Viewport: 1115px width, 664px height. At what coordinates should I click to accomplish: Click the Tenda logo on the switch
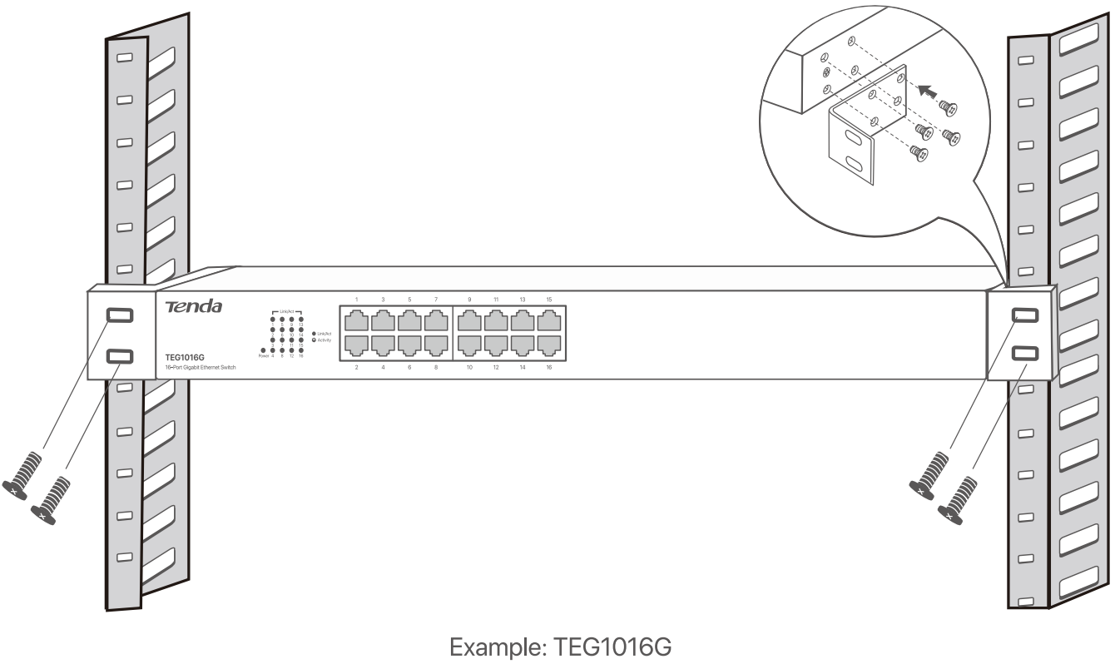194,307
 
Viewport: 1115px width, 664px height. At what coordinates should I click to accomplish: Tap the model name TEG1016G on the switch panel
185,358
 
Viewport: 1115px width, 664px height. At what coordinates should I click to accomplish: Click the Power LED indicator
264,350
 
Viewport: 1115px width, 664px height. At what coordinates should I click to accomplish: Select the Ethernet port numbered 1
356,320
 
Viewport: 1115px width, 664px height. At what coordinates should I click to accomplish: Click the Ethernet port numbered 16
548,345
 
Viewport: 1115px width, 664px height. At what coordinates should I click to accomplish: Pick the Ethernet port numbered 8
436,345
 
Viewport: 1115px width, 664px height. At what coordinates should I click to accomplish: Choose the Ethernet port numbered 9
469,320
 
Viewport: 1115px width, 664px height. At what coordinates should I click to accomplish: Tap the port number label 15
548,299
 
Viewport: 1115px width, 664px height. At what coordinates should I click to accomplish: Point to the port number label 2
356,366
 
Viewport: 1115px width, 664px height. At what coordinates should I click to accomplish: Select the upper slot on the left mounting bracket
117,315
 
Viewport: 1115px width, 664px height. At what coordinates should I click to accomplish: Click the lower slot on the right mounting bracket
1023,353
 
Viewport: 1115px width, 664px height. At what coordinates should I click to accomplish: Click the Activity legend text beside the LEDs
324,340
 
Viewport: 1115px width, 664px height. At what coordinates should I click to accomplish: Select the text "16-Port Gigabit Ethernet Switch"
201,367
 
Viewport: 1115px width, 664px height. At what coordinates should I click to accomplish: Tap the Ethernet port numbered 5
409,320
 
